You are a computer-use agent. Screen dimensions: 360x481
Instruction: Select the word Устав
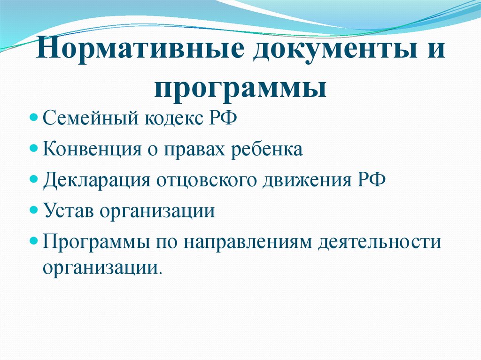coord(68,211)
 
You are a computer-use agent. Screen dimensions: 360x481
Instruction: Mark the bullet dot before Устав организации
coord(33,210)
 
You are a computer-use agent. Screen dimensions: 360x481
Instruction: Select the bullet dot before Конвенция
coord(33,149)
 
